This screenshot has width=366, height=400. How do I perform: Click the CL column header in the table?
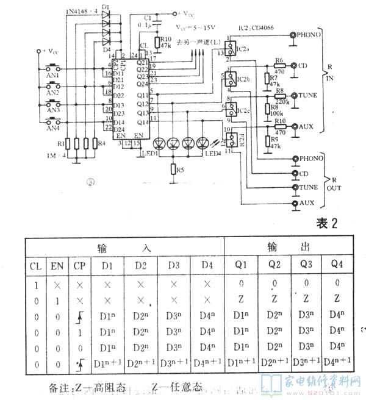coord(34,266)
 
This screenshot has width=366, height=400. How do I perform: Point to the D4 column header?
coord(207,266)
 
